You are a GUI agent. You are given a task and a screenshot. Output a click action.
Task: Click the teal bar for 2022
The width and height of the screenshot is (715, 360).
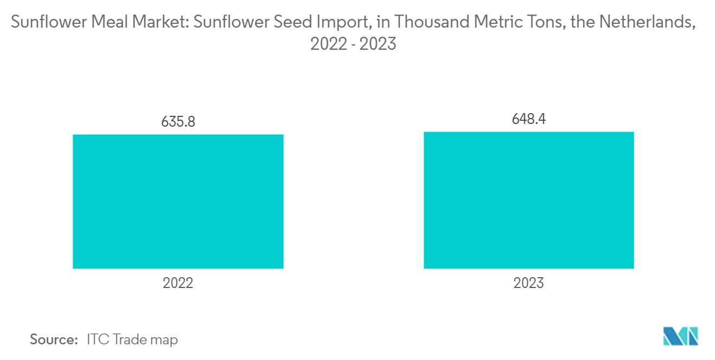tap(178, 201)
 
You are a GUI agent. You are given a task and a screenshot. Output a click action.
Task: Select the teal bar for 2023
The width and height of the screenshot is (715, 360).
tap(529, 200)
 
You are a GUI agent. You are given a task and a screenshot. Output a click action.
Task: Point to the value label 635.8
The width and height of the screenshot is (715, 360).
tap(178, 122)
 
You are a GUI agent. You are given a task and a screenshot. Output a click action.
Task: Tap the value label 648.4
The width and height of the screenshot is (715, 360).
tap(529, 119)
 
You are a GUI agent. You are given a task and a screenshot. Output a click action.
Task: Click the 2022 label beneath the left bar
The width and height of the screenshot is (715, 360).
tap(178, 283)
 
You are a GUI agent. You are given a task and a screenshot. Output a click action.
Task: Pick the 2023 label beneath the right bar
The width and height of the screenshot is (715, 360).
tap(529, 283)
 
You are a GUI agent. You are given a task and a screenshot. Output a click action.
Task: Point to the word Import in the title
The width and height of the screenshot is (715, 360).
tap(339, 23)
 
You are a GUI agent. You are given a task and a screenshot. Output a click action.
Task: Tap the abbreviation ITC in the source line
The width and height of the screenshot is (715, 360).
tap(97, 340)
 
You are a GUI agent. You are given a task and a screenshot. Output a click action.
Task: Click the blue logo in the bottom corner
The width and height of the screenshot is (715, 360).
tap(680, 336)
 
